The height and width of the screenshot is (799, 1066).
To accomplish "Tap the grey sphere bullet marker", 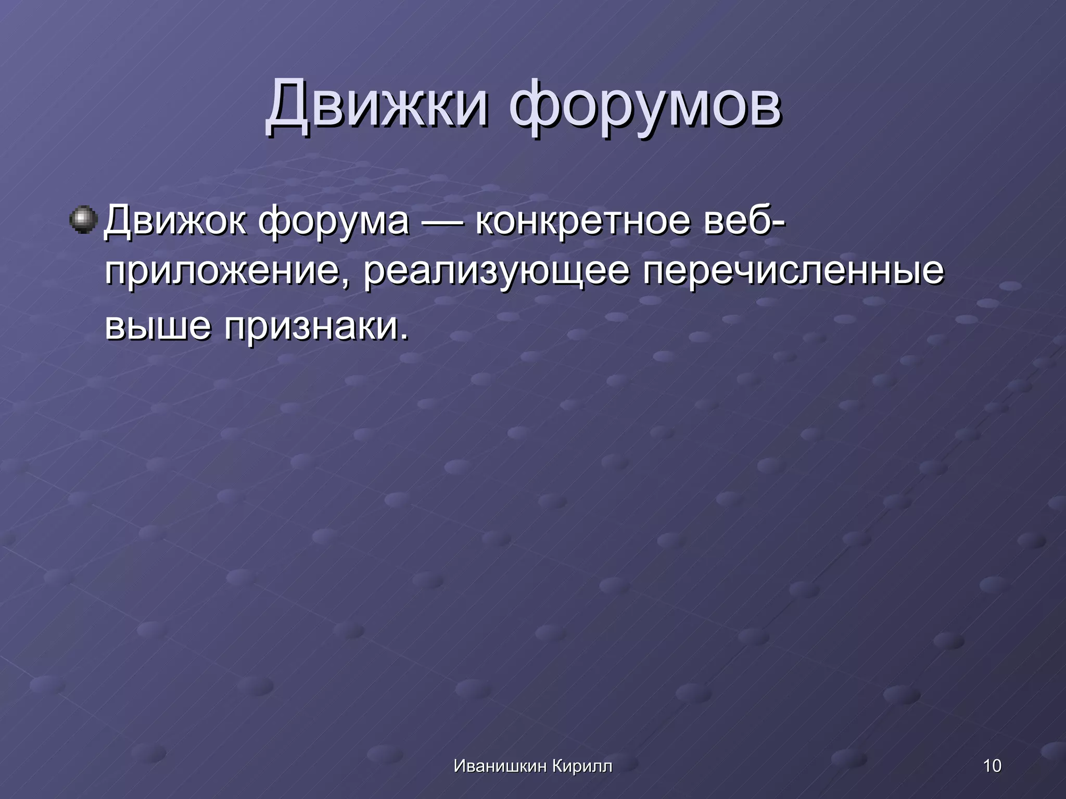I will click(x=83, y=220).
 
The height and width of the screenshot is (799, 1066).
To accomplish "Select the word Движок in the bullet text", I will click(x=175, y=221).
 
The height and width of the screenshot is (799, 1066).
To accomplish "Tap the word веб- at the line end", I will click(x=744, y=220).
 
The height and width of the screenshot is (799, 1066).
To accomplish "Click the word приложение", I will click(x=222, y=273).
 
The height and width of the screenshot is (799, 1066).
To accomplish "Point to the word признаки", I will click(x=311, y=328).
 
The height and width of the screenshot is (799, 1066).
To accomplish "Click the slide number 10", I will click(x=992, y=766).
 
